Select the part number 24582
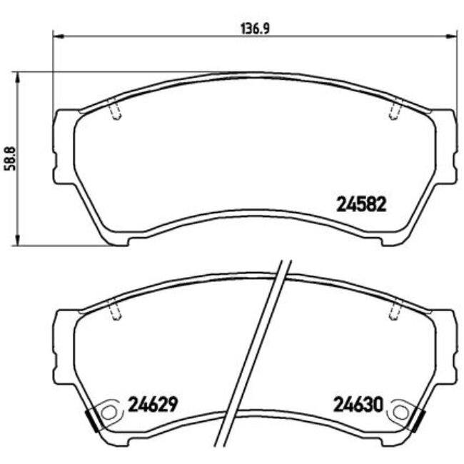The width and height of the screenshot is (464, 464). coord(360,205)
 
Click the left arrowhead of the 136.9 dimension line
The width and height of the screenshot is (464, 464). coord(57,34)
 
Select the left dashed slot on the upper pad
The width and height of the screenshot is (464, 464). coord(115,111)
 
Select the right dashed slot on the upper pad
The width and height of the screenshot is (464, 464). coord(393,111)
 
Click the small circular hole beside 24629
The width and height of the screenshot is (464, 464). coord(109,412)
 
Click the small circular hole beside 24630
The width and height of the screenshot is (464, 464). coord(399,412)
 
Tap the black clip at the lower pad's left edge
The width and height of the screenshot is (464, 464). coord(91,421)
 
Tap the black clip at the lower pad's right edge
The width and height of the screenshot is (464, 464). coord(417,421)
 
